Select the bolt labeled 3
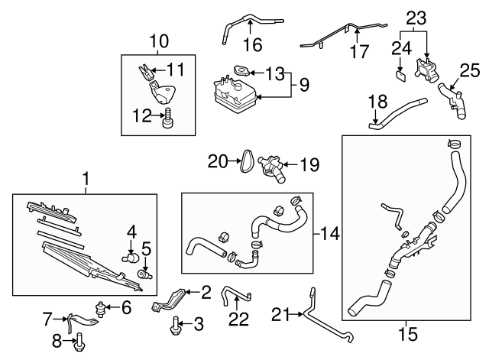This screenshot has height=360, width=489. pos(175,325)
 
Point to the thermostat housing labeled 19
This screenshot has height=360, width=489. pos(271,167)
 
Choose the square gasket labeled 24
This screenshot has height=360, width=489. pos(400,76)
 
